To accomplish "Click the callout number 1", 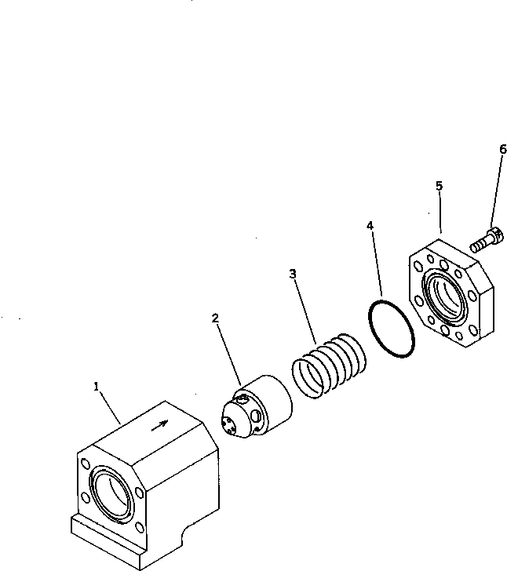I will tap(97, 386).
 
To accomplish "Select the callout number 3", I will tap(292, 274).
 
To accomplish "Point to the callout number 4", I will tap(370, 226).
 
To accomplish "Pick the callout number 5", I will tap(439, 186).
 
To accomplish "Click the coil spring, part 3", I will tap(330, 366).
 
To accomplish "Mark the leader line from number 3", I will tap(305, 311).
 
